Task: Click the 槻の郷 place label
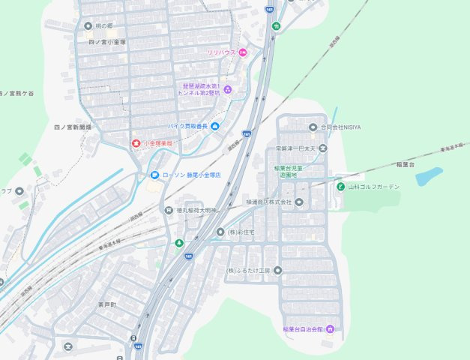click(x=103, y=25)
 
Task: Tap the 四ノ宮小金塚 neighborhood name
click(x=109, y=42)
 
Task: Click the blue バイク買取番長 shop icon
click(x=215, y=125)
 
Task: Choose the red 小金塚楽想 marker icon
click(x=136, y=142)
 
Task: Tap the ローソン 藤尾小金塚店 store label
click(x=193, y=175)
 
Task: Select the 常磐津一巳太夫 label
click(x=296, y=148)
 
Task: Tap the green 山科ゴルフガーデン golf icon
click(x=340, y=186)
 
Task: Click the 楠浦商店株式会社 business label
click(x=268, y=202)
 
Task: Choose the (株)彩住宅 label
click(x=247, y=232)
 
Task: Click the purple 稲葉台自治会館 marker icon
click(x=329, y=329)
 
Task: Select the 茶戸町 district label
click(x=108, y=305)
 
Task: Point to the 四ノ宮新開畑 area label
click(x=73, y=128)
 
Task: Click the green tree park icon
click(x=178, y=243)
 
